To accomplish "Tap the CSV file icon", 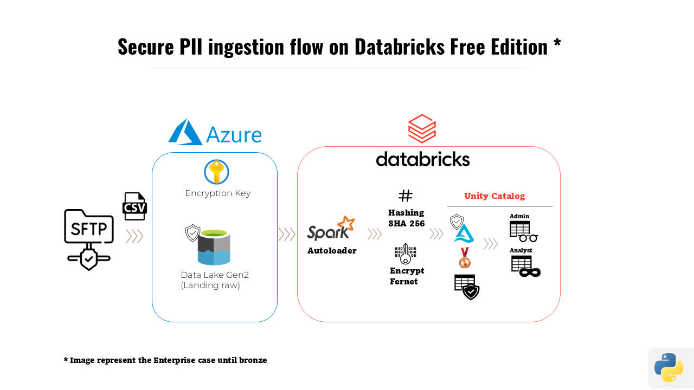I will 134,206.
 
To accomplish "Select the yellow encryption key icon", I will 216,172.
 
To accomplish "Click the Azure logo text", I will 233,134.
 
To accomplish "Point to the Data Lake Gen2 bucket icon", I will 214,248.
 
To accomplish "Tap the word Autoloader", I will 332,251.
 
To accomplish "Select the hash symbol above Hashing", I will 406,196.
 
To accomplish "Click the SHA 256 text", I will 407,223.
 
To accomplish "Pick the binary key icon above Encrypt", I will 406,253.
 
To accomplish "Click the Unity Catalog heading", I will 494,196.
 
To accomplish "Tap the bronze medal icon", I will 465,258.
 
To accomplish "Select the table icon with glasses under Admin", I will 523,231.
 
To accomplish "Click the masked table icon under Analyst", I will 525,266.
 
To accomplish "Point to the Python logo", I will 669,368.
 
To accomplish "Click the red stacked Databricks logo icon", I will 422,128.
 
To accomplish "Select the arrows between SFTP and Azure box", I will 134,236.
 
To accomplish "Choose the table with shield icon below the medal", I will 466,287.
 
